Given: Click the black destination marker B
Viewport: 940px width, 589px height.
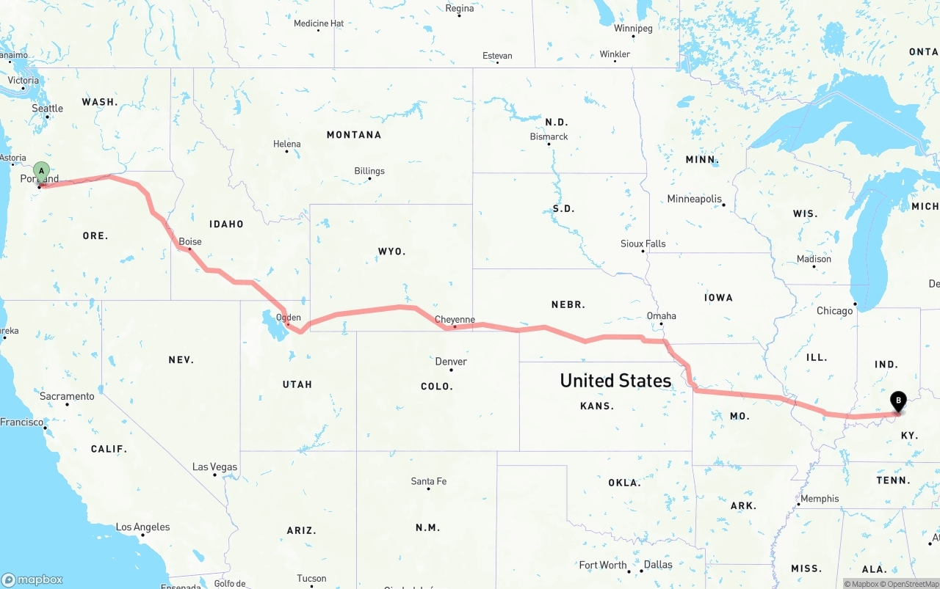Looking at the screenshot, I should [x=897, y=401].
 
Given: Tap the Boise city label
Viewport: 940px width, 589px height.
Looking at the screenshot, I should [x=190, y=241].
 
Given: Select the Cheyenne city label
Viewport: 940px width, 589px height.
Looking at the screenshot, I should [x=455, y=320].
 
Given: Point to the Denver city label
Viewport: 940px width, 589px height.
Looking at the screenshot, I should [x=451, y=362].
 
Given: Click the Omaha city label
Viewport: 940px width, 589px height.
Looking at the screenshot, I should [x=661, y=316].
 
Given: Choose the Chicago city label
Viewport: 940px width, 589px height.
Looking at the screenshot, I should [x=835, y=311].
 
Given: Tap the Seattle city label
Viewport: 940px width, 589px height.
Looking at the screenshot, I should [x=47, y=109].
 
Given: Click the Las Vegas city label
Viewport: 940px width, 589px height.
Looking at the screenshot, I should [x=214, y=467].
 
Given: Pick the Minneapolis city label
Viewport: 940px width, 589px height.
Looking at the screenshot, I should [x=694, y=199].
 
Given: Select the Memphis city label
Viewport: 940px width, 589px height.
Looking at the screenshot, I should [x=820, y=499].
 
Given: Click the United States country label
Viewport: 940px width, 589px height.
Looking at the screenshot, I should [x=615, y=381].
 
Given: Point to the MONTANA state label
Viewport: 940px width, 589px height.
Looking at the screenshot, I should [x=354, y=135].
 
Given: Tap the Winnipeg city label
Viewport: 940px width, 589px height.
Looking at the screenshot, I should [x=633, y=29].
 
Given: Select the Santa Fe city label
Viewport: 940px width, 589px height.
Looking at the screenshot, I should [x=428, y=482].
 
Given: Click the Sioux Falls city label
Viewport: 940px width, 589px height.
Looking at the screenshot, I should [x=643, y=244].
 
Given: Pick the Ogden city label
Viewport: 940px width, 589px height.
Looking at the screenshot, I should [x=288, y=318].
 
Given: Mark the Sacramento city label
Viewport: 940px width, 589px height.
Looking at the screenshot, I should [x=67, y=397].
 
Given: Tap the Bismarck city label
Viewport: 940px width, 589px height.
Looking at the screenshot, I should [x=549, y=136].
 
